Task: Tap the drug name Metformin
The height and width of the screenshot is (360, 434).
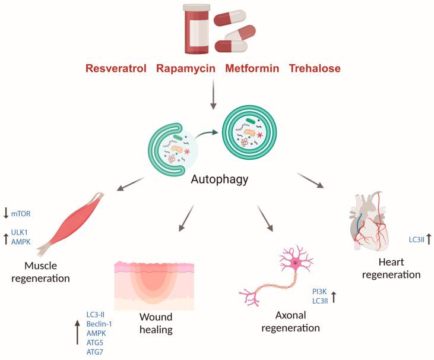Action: (252, 68)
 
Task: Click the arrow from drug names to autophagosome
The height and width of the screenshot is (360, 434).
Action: (213, 94)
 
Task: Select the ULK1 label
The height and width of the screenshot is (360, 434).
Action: (20, 233)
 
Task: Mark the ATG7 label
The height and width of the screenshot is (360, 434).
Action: (95, 352)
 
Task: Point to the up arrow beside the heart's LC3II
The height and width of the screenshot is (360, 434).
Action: (427, 239)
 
